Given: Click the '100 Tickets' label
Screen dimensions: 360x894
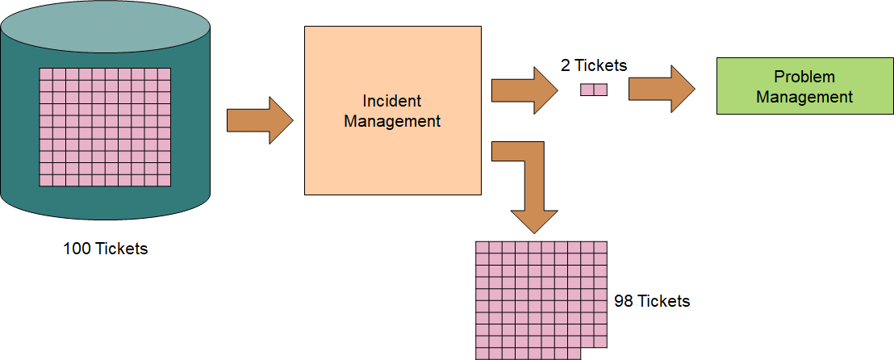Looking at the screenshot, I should (x=106, y=249).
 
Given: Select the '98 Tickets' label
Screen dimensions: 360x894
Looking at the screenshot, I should (x=652, y=301).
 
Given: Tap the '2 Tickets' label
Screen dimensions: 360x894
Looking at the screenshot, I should (x=594, y=65).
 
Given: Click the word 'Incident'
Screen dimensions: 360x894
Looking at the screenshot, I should (x=392, y=102).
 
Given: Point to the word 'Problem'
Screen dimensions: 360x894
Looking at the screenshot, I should (x=804, y=77).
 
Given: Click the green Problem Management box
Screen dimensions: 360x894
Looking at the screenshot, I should (x=804, y=87).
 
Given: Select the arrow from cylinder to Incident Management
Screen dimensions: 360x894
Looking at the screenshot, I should (x=260, y=120).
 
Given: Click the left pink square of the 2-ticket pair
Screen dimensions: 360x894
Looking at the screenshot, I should (x=587, y=90).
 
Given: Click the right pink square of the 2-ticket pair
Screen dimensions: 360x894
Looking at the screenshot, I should (x=600, y=90).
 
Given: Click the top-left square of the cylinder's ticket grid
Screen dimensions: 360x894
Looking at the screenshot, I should (x=46, y=74).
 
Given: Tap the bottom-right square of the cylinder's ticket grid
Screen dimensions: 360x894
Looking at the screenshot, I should (x=165, y=181).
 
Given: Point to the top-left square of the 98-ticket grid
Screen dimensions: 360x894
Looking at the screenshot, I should (x=483, y=248).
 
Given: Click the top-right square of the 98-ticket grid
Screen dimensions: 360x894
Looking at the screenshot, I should (x=600, y=248).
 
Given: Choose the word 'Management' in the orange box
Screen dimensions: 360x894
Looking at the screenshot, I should (x=392, y=122).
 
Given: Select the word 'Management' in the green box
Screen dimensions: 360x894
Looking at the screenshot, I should (x=804, y=97).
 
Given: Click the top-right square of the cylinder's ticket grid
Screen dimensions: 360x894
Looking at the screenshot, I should (x=165, y=74).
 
